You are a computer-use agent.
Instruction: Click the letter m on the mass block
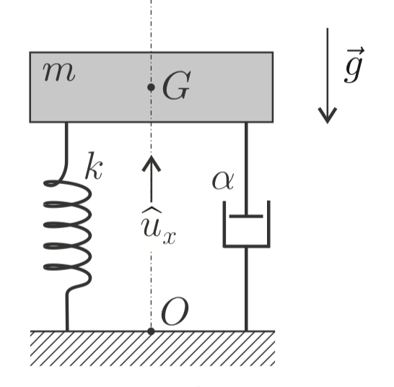59,72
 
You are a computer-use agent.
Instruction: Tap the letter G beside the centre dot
176,85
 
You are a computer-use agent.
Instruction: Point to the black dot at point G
151,87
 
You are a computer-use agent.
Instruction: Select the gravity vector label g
354,65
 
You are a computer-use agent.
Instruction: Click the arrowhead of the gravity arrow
328,116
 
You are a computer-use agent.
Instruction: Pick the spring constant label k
94,166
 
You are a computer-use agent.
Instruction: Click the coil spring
67,234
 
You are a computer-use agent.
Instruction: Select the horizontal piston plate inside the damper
246,216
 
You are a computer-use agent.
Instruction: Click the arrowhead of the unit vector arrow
152,163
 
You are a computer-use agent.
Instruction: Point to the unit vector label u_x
158,226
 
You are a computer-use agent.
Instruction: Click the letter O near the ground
175,312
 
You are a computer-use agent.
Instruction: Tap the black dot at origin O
151,331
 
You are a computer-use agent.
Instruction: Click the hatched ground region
152,349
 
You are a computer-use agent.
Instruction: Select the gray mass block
152,87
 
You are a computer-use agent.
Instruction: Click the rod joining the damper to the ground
246,290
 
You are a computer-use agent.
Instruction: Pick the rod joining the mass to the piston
246,169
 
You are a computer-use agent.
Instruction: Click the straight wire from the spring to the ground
67,311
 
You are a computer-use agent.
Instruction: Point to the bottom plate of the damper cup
247,245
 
